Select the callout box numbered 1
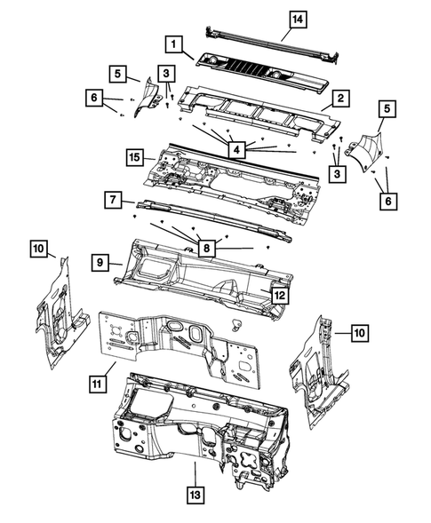[176, 43]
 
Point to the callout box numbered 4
[236, 150]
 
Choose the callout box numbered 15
[133, 158]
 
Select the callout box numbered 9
[100, 263]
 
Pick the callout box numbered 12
[278, 296]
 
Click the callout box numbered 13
[193, 494]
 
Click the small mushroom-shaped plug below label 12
[237, 321]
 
